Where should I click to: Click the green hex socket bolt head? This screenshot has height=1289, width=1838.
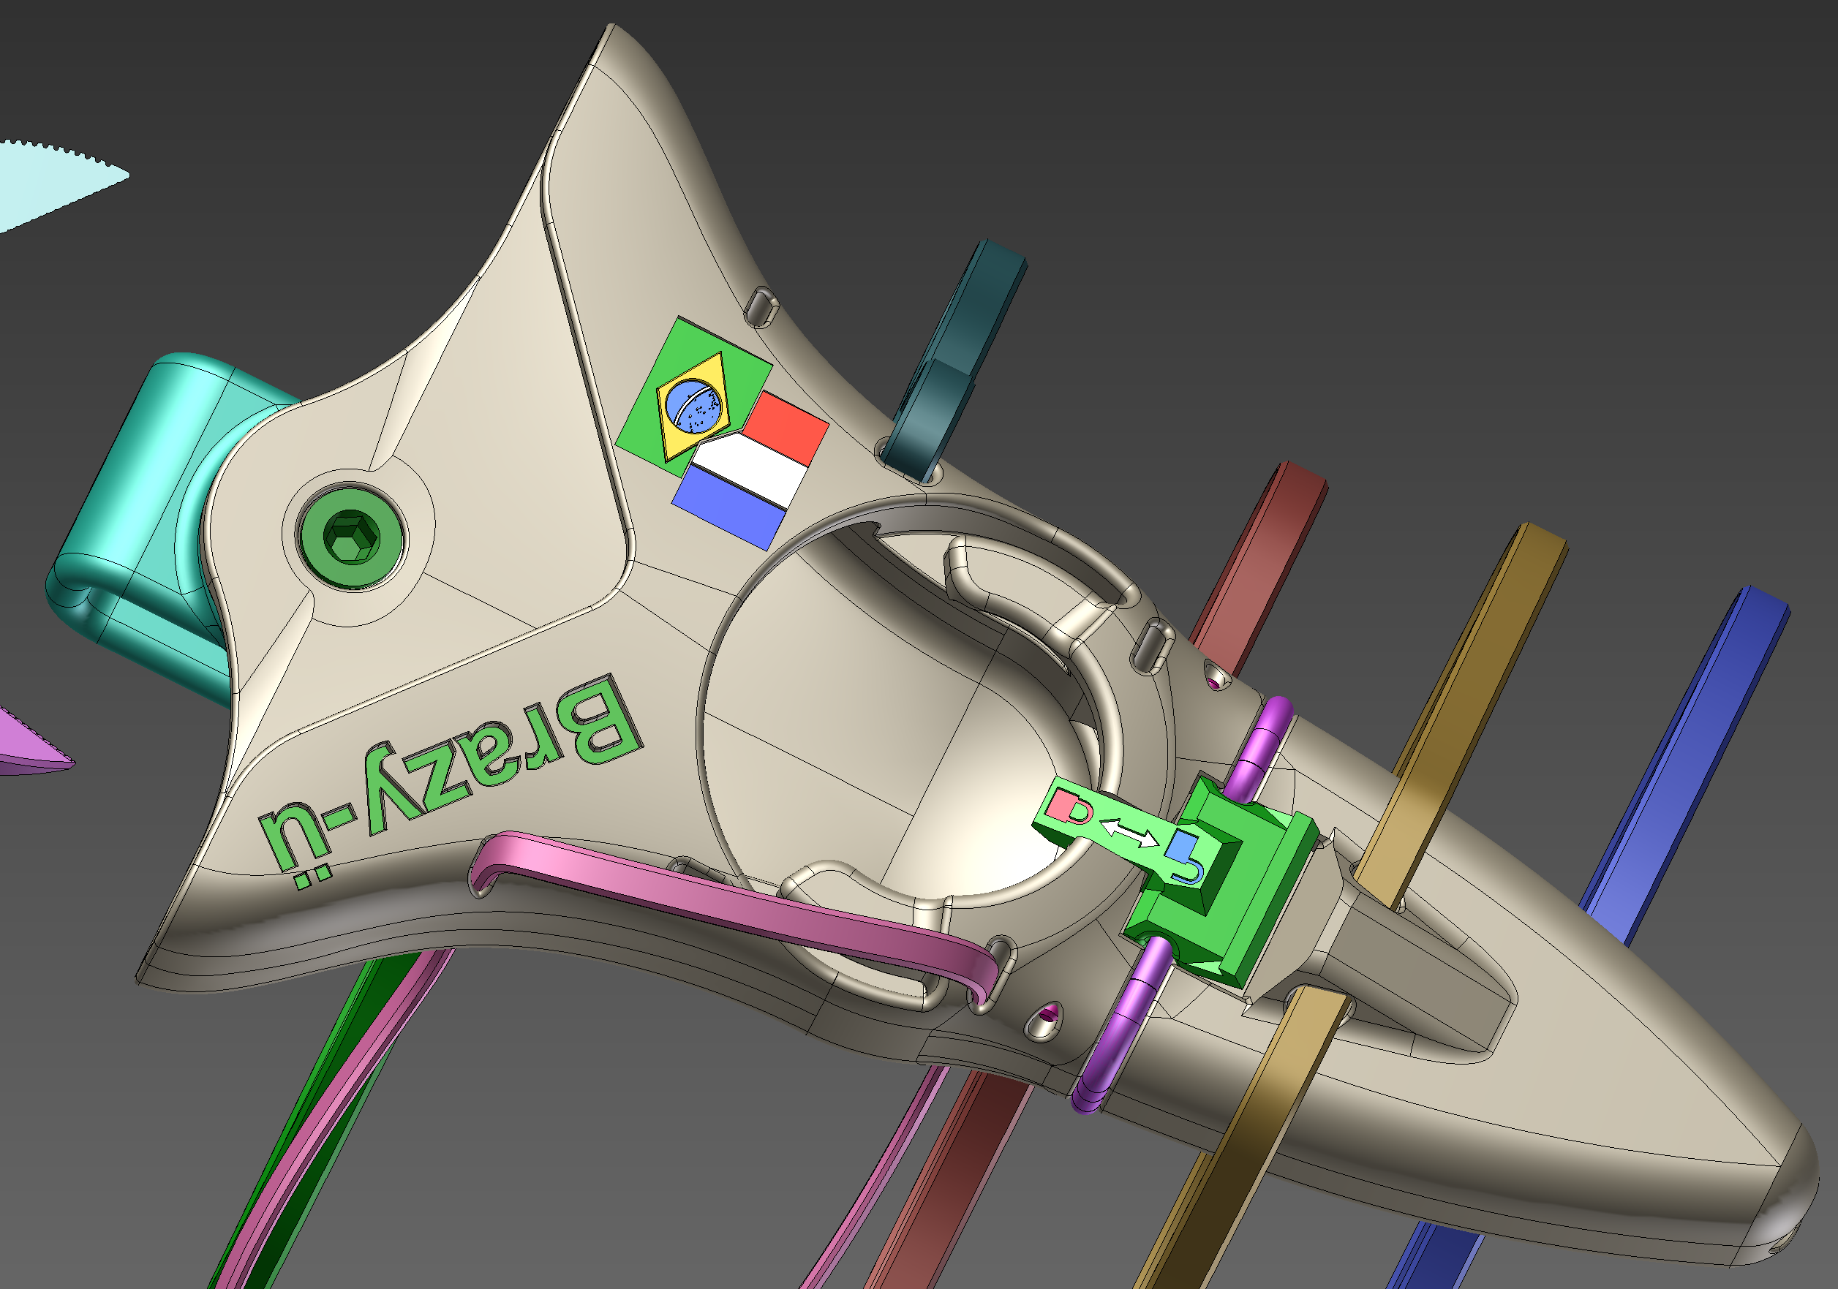[x=349, y=535]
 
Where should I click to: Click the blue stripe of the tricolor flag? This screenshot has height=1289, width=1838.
[x=728, y=509]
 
